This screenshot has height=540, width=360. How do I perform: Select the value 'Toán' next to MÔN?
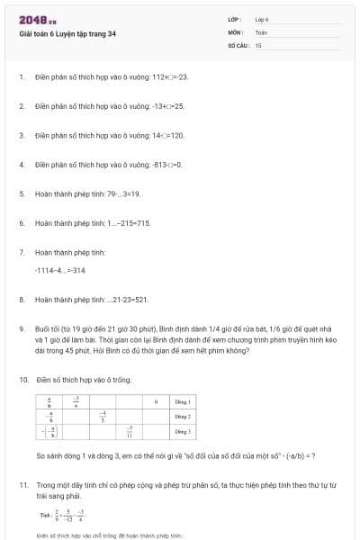[x=261, y=31]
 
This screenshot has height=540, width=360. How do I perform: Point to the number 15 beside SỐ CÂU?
[x=258, y=44]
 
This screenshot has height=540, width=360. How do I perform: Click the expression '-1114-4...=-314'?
[x=59, y=270]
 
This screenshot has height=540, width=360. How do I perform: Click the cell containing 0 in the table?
[x=157, y=400]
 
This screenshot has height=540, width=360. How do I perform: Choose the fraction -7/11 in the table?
[x=130, y=433]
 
